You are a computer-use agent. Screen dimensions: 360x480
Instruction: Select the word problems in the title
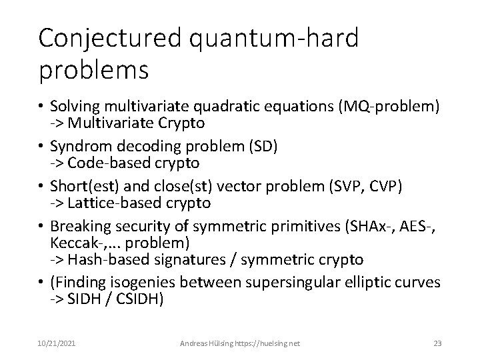pos(94,69)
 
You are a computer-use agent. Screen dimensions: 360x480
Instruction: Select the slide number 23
pos(438,343)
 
